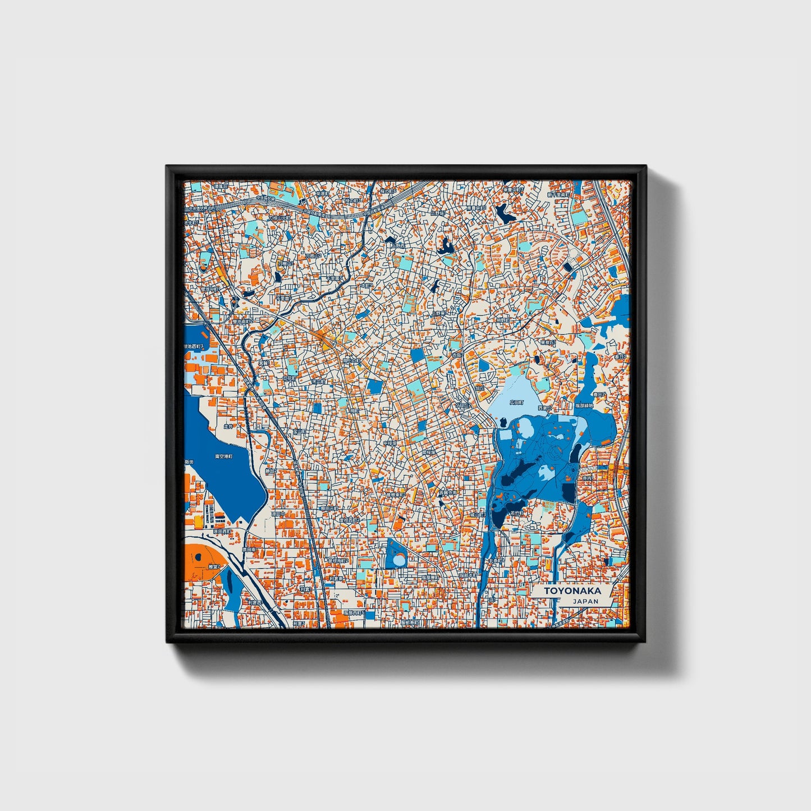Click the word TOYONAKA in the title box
click(572, 590)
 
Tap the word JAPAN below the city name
click(585, 601)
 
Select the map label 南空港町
click(224, 457)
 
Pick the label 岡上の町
click(352, 361)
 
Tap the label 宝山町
click(300, 432)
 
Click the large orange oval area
click(205, 561)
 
